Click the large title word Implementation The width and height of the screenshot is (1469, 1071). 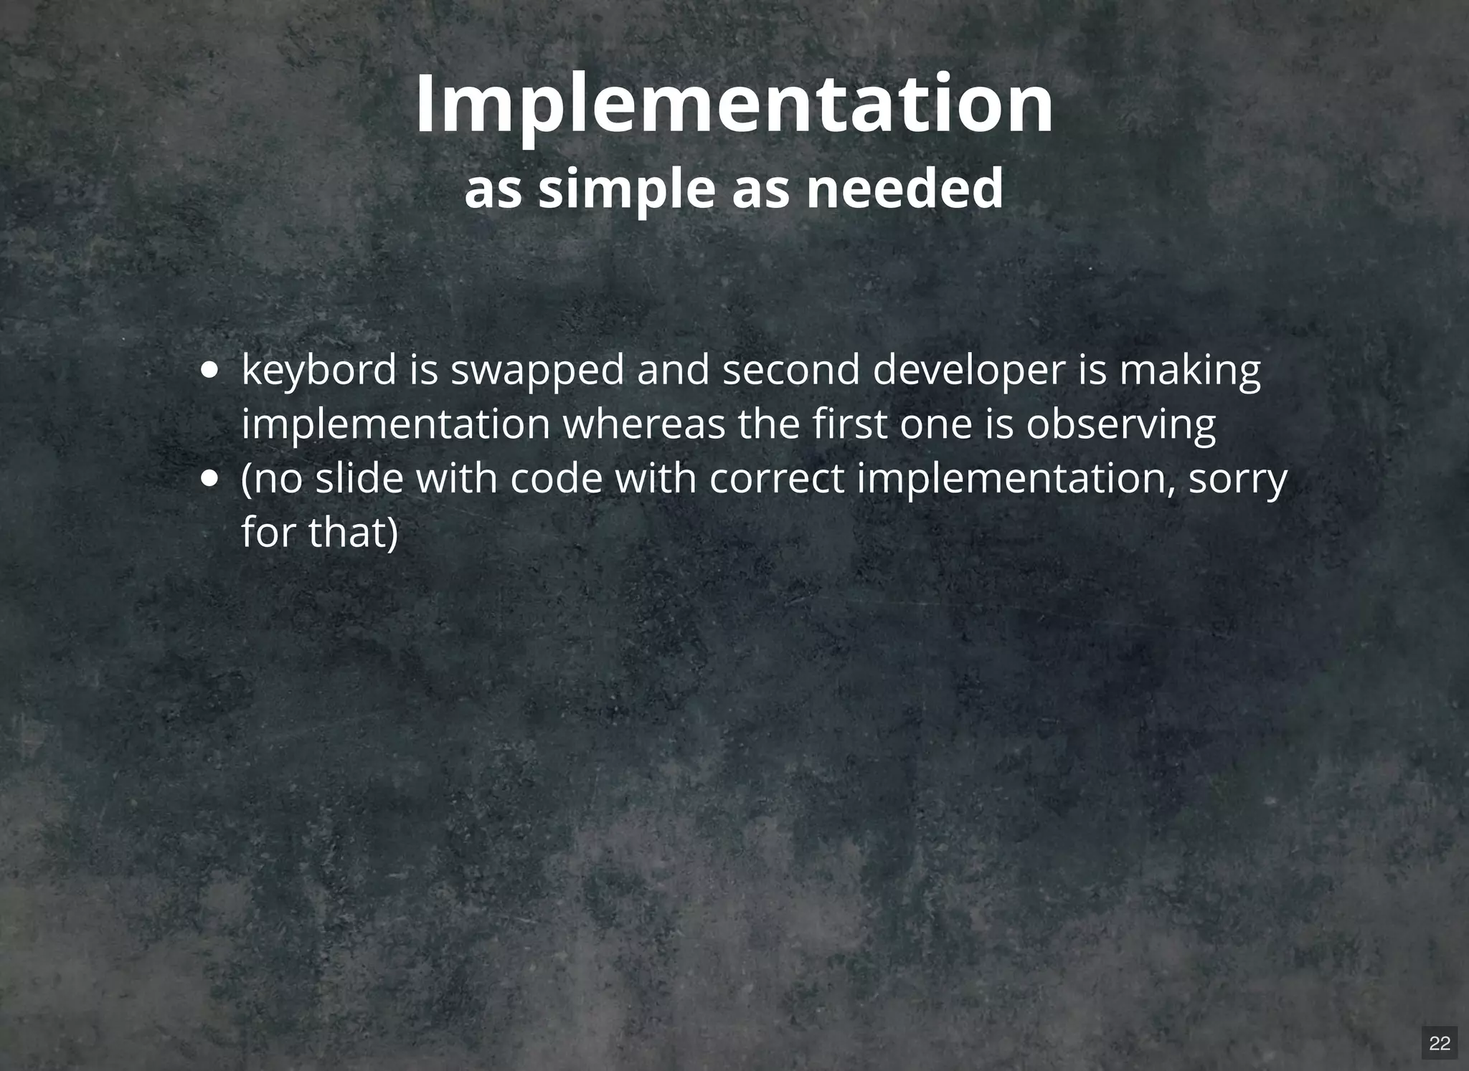(734, 105)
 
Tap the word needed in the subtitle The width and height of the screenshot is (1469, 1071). (904, 189)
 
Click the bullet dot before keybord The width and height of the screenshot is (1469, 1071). (209, 371)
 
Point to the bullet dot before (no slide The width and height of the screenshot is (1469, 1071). (209, 478)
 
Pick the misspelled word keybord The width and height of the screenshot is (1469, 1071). (318, 371)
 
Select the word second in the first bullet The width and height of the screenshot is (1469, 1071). (790, 371)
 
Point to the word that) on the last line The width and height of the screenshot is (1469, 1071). (353, 532)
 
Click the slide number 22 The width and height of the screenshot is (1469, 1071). (1440, 1043)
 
